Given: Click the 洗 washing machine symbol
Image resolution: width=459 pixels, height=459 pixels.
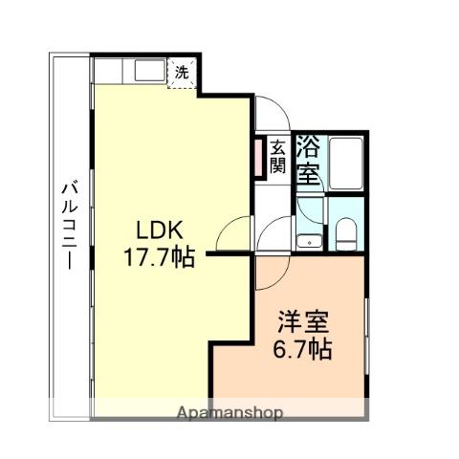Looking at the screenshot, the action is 182,74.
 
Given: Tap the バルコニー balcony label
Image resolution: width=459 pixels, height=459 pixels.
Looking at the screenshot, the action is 70,225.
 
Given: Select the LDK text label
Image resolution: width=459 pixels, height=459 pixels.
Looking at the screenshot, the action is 160,230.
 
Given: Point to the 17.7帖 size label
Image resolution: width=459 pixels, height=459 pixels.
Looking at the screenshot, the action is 159,257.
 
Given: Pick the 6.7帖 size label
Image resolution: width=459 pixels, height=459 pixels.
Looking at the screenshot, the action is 302,349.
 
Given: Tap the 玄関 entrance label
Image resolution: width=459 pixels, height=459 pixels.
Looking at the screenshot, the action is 277,157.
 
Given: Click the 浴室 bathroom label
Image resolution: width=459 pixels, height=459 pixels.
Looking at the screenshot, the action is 308,161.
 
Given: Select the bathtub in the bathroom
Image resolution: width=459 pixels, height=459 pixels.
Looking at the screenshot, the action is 346,164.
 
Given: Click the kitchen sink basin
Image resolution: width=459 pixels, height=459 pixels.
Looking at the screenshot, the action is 149,71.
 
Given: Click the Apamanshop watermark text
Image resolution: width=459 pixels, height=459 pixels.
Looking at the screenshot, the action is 229,413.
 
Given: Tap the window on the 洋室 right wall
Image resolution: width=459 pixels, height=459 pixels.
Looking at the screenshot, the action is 366,337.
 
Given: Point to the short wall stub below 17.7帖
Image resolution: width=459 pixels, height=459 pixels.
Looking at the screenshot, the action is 229,253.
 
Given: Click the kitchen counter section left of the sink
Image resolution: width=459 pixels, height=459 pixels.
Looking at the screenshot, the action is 108,71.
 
